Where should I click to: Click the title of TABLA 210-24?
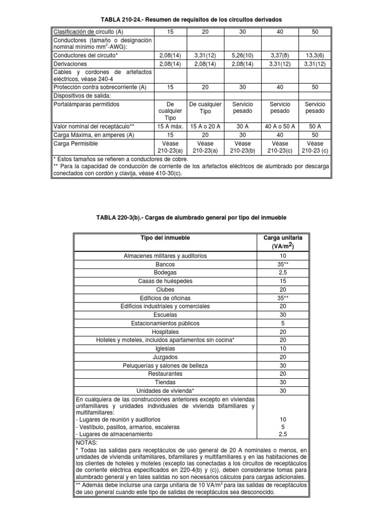(x=191, y=19)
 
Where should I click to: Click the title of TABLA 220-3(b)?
(x=191, y=218)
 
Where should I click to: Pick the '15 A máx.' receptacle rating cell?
(x=167, y=127)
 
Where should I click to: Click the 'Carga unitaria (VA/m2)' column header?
(x=283, y=242)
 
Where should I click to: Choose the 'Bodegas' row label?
(x=165, y=272)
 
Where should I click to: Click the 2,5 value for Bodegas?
(x=283, y=272)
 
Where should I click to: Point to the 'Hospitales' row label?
(x=165, y=332)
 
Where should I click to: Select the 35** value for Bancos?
(x=283, y=264)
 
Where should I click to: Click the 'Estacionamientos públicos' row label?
(x=165, y=323)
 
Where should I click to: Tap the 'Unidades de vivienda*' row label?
(x=165, y=391)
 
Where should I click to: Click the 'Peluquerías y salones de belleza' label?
(x=165, y=366)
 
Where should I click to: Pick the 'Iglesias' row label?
(x=165, y=349)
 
